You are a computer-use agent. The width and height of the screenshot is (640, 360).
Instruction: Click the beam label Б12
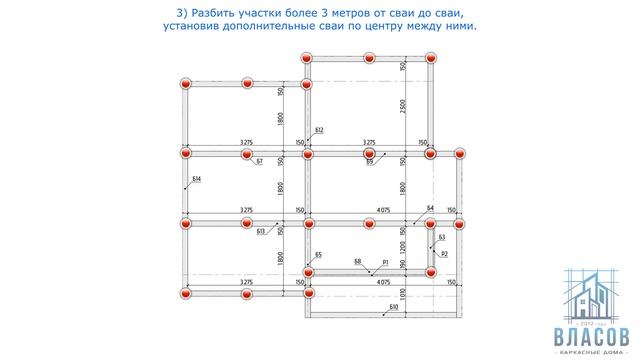(x=319, y=131)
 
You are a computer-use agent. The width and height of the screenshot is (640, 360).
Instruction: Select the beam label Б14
(x=197, y=179)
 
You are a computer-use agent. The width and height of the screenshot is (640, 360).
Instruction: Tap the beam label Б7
(x=260, y=162)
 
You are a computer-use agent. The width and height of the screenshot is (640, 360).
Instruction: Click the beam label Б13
(x=261, y=232)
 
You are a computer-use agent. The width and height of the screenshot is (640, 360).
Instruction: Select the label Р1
(x=385, y=262)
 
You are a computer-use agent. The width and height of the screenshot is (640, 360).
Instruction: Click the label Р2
(x=445, y=256)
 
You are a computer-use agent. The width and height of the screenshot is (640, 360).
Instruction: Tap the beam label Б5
(x=318, y=255)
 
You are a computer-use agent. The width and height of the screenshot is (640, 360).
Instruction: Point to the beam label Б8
(x=357, y=262)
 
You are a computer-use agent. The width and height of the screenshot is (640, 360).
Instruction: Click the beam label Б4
(x=430, y=208)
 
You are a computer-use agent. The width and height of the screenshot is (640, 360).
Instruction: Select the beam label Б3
(x=442, y=237)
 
